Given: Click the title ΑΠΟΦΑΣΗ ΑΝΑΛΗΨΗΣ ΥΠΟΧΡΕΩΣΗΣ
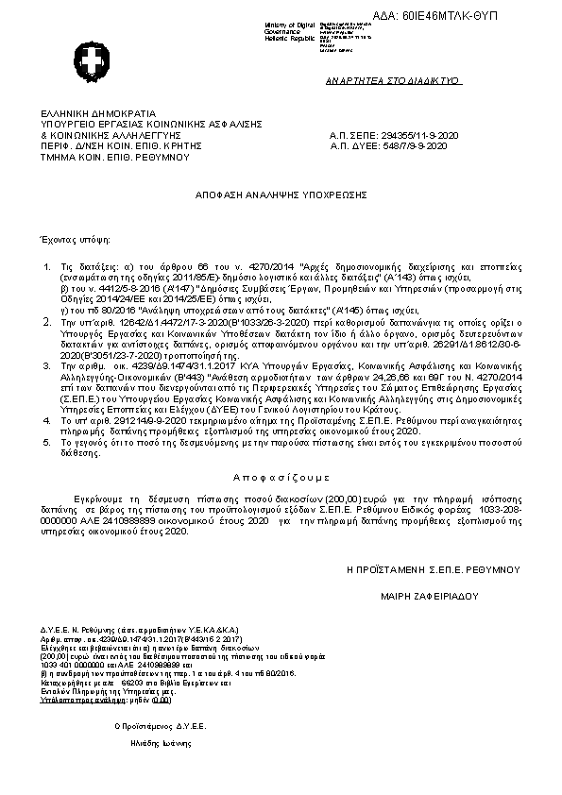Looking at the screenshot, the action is coord(281,193).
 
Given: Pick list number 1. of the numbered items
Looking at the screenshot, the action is coord(49,269).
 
